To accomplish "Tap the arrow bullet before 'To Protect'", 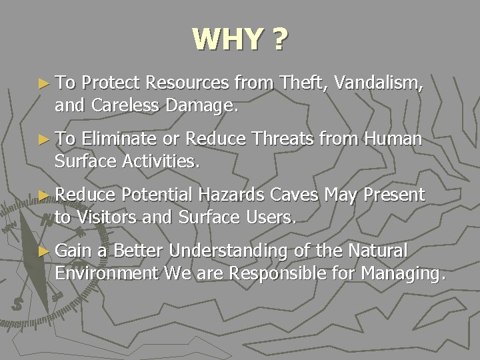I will tap(44, 83).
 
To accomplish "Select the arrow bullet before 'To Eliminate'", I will tap(44, 139).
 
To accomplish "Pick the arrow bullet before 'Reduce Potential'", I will tap(44, 195).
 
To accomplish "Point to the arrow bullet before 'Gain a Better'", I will tap(44, 251).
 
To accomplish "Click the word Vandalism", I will tap(378, 83).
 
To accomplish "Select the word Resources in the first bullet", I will tap(188, 83).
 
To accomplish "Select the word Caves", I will tap(295, 195).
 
